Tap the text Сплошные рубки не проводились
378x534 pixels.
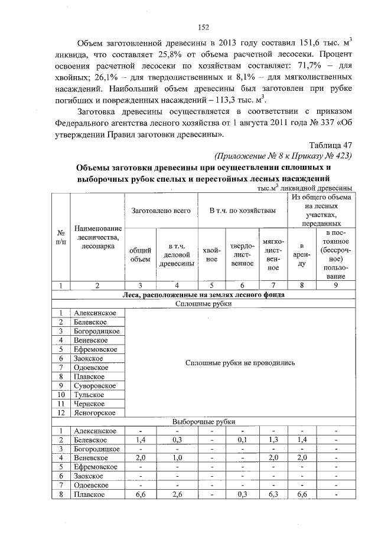coord(240,363)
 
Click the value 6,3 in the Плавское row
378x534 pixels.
coord(272,494)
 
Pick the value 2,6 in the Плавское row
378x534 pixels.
coord(177,494)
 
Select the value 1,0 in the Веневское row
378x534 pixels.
coord(177,458)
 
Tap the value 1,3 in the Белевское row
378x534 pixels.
coord(272,440)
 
